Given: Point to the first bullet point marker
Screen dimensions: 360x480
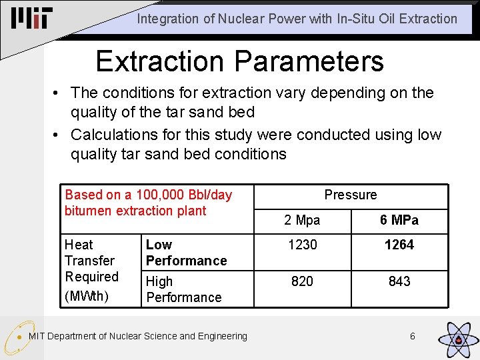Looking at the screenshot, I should pyautogui.click(x=61, y=93).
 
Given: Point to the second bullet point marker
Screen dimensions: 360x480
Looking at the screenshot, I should pyautogui.click(x=61, y=135).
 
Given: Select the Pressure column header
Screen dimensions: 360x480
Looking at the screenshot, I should pyautogui.click(x=351, y=195).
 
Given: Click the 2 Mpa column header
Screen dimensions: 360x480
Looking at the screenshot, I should pyautogui.click(x=302, y=220).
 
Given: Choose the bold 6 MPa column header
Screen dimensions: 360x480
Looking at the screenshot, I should pyautogui.click(x=399, y=220).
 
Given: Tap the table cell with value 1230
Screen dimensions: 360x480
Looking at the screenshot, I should pyautogui.click(x=302, y=245).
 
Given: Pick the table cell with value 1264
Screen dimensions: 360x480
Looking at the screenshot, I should pyautogui.click(x=399, y=245).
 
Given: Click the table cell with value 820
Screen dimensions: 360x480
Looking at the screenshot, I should pyautogui.click(x=302, y=281).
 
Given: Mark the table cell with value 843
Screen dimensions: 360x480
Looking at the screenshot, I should pyautogui.click(x=399, y=281).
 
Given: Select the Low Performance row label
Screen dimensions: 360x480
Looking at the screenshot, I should pyautogui.click(x=186, y=253).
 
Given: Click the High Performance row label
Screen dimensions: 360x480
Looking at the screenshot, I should pyautogui.click(x=183, y=289).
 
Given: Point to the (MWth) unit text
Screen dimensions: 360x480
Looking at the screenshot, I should pyautogui.click(x=86, y=295).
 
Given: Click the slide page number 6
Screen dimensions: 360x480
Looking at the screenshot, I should pyautogui.click(x=412, y=336).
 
